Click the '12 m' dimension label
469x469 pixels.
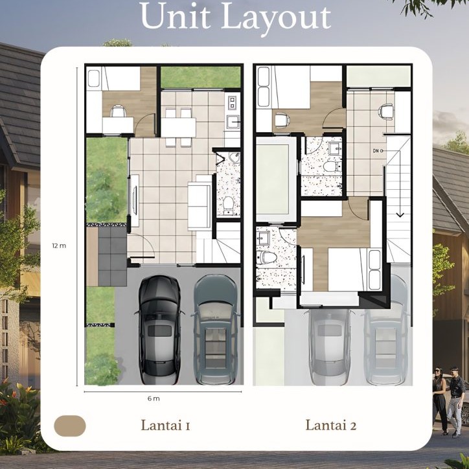point(59,246)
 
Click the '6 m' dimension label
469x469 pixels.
point(154,398)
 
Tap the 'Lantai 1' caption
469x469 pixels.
point(165,426)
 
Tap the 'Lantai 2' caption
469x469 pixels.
point(331,425)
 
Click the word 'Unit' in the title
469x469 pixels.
point(175,17)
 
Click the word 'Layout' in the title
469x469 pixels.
point(277,19)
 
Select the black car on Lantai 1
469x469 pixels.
point(160,330)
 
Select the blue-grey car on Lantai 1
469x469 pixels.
point(215,329)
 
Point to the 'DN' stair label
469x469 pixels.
point(376,151)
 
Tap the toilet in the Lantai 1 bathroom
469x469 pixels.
point(228,205)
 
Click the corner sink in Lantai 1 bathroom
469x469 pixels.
point(234,157)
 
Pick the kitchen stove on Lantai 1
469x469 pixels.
point(232,102)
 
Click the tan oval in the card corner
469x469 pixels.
point(70,426)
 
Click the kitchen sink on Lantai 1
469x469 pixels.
point(233,122)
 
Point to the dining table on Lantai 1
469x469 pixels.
point(178,128)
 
